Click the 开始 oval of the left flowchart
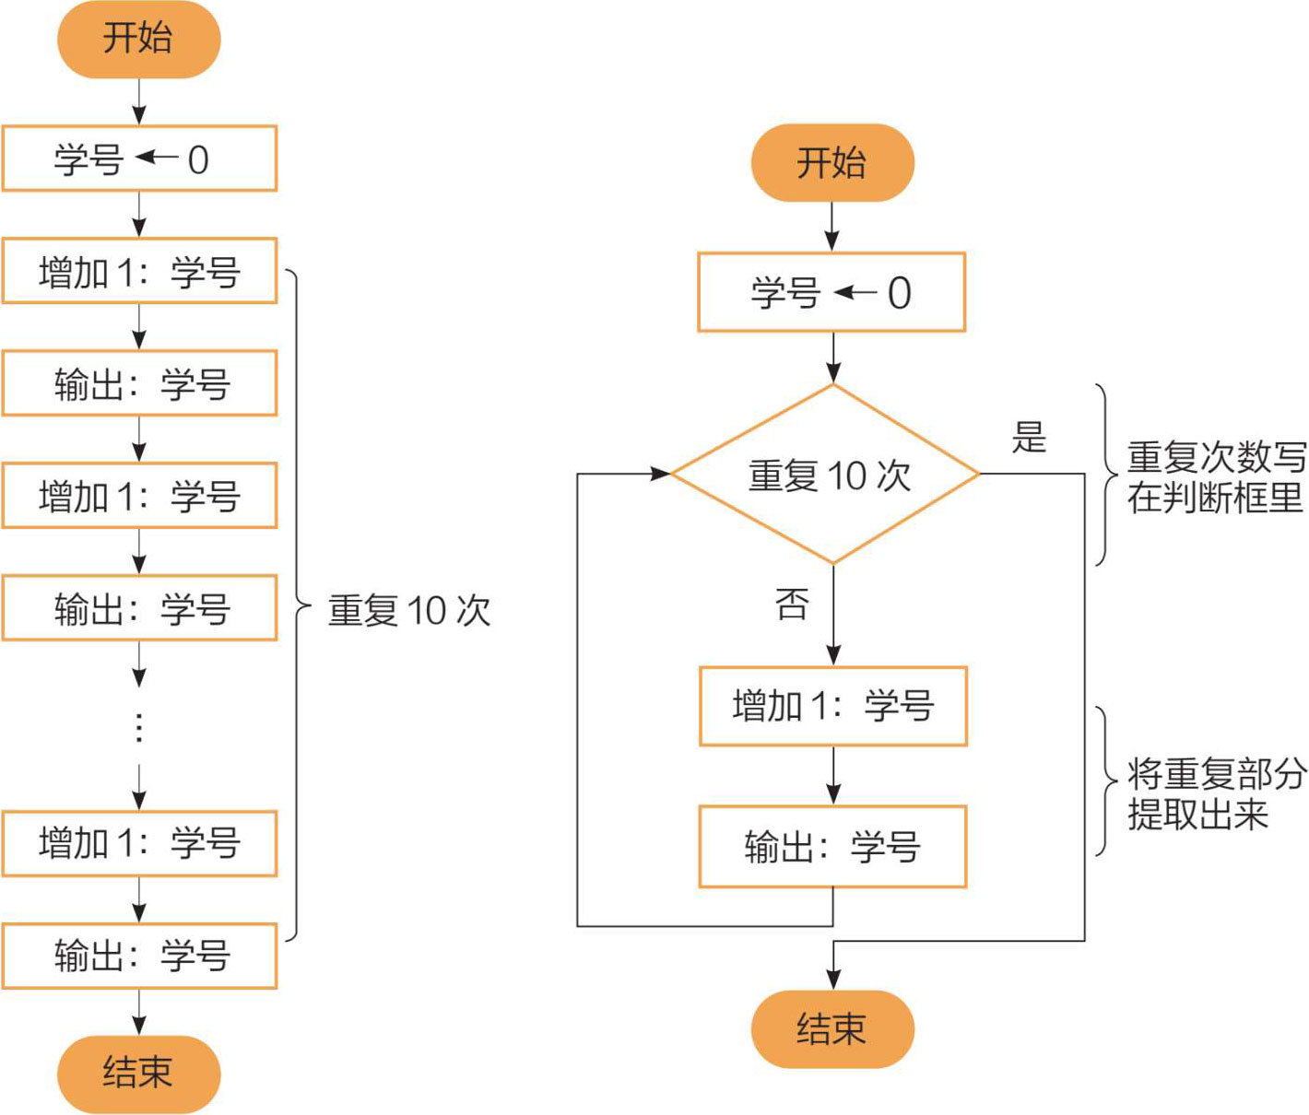pos(138,39)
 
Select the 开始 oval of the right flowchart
pos(832,163)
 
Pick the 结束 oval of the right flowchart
pos(832,1029)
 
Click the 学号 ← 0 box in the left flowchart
pos(139,159)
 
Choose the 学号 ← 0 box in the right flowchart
pos(831,292)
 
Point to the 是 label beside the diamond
pos(1029,437)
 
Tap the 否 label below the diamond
pos(792,604)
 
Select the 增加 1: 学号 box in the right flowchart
pos(832,706)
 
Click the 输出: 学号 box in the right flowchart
pos(832,847)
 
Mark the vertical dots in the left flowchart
pos(139,727)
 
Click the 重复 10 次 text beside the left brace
pos(408,610)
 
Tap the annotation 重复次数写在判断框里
pos(1215,477)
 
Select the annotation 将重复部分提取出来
pos(1215,793)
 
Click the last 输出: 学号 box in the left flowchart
pos(139,956)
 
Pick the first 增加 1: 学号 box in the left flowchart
pos(139,272)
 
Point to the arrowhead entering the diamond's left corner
pos(661,474)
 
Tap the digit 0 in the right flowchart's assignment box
pos(899,293)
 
